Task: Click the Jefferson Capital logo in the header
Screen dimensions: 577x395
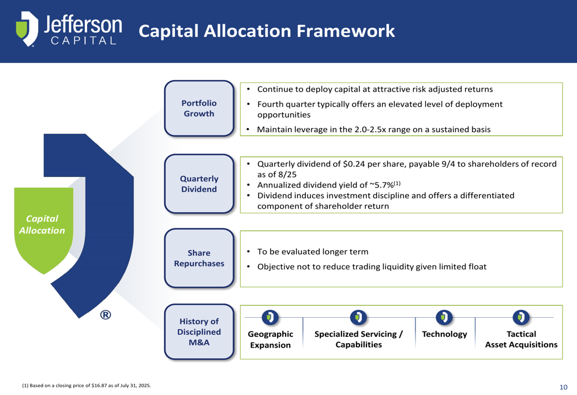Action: [x=69, y=29]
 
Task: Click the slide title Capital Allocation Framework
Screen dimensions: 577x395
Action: [x=267, y=31]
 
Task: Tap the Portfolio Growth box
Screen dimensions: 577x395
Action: [x=199, y=108]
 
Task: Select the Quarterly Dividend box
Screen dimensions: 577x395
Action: [x=199, y=184]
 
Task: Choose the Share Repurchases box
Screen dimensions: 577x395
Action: [x=199, y=258]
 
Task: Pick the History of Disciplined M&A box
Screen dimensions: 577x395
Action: [x=199, y=332]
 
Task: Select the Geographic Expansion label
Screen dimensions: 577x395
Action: [x=271, y=340]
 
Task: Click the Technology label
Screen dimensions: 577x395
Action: [x=444, y=334]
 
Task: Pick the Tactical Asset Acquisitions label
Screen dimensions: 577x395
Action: [x=521, y=339]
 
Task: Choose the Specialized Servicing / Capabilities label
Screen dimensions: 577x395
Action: [x=358, y=339]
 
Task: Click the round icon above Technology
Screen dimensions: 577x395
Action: [x=444, y=317]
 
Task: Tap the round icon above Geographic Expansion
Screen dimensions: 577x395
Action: [x=270, y=317]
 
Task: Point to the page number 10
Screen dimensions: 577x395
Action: [x=563, y=387]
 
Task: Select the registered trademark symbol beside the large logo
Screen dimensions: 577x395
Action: [x=106, y=315]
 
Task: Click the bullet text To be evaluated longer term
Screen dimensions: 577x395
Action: [x=313, y=251]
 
